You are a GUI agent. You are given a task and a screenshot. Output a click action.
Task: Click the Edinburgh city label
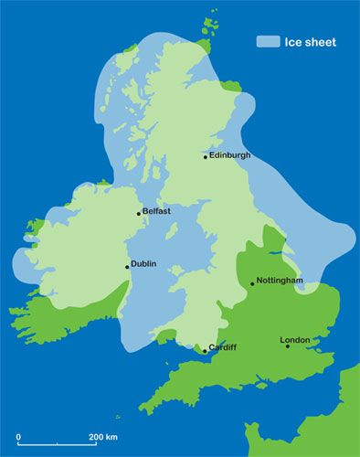point(229,155)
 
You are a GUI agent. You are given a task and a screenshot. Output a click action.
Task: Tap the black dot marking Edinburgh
point(206,156)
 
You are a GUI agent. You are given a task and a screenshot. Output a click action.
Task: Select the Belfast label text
point(156,211)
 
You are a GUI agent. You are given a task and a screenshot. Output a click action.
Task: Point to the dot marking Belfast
point(139,214)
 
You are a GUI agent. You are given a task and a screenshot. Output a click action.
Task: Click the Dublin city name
point(143,264)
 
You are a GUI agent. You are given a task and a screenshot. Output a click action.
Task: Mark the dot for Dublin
point(127,267)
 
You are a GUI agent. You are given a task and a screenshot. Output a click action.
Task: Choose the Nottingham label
point(280,280)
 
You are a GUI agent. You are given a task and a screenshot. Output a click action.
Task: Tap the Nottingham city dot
point(253,283)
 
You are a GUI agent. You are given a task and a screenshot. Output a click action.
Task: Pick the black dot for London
point(288,345)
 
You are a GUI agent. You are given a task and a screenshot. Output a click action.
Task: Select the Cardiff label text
point(223,347)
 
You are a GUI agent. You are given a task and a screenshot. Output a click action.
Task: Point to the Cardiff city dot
point(205,350)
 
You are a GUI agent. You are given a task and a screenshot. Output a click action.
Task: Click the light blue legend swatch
point(268,41)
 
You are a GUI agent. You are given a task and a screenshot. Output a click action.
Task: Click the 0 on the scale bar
point(18,438)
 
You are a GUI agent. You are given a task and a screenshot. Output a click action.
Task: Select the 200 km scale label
point(103,438)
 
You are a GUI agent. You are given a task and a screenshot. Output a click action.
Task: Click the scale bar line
point(56,445)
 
